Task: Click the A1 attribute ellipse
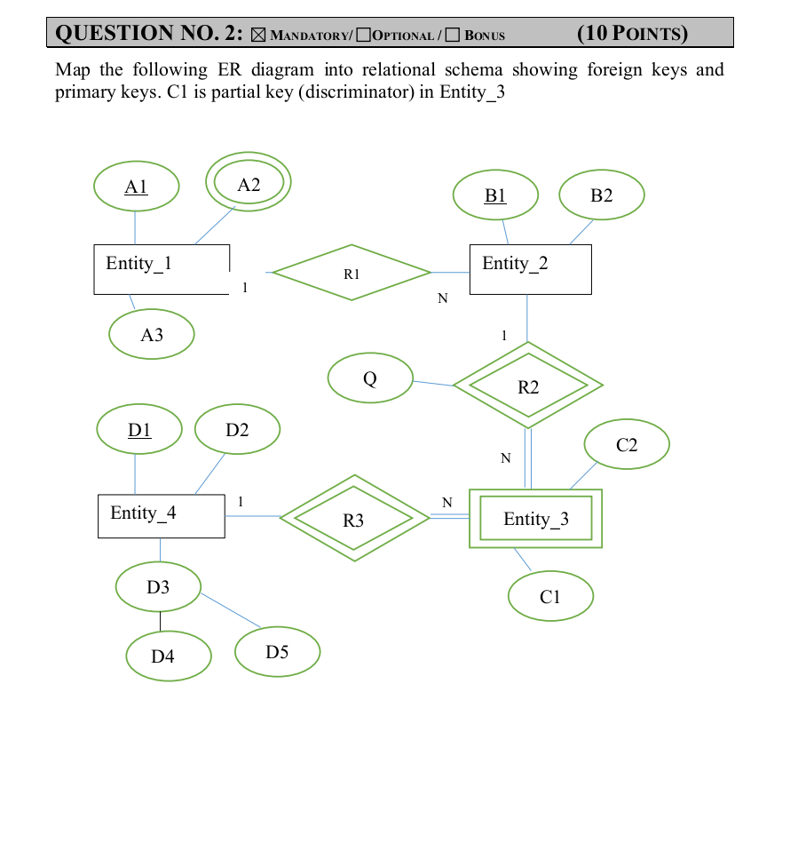click(136, 187)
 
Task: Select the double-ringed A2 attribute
click(249, 183)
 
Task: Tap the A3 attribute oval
click(152, 335)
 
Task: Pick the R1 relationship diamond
click(352, 273)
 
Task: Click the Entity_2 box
click(530, 269)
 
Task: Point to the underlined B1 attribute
click(495, 195)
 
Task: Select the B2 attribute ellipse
click(602, 195)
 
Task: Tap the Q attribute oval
click(370, 378)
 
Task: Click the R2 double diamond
click(528, 386)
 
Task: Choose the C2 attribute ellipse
click(627, 444)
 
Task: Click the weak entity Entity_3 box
click(535, 519)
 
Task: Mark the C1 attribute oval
click(550, 596)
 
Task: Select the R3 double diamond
click(354, 519)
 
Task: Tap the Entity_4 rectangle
click(161, 515)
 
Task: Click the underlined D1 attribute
click(139, 430)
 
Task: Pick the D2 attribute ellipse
click(237, 430)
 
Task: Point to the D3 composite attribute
click(158, 587)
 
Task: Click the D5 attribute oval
click(277, 652)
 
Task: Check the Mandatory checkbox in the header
click(258, 36)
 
